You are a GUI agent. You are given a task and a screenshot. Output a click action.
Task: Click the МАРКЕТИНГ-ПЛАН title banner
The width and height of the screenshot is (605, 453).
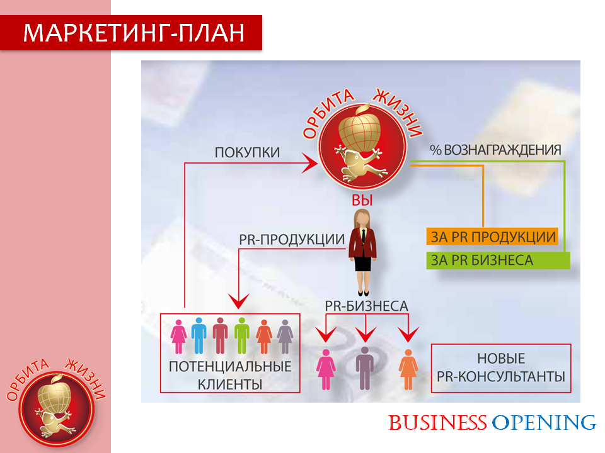131,33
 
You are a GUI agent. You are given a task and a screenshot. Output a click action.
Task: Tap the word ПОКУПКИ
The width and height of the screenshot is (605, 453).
247,152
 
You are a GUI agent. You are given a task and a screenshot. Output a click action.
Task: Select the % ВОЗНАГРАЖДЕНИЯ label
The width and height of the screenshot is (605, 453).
495,150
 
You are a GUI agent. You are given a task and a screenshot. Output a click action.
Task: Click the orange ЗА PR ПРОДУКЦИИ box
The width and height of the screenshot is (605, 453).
493,237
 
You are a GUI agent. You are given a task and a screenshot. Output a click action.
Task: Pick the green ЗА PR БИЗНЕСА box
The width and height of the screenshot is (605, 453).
498,260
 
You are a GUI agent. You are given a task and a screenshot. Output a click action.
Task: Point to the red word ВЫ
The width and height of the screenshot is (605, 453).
362,200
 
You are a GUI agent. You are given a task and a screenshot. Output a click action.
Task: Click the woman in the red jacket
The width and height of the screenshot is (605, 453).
362,252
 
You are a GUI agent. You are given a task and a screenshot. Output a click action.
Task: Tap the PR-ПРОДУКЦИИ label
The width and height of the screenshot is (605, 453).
292,239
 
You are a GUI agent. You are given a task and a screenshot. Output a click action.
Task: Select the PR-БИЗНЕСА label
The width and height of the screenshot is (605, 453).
366,306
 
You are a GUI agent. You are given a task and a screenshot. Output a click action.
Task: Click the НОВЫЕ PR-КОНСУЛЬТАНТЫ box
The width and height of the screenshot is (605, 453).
501,368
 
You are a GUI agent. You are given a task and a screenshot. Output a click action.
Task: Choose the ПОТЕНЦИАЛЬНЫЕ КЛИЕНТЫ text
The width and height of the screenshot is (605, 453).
230,375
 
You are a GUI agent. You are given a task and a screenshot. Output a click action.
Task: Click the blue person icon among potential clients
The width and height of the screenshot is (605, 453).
199,335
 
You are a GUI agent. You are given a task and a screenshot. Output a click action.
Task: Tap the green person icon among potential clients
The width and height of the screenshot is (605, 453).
242,335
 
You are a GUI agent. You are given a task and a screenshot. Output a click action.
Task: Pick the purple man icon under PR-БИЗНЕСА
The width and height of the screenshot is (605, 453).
365,368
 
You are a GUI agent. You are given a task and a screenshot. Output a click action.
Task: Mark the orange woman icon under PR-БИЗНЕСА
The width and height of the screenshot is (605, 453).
408,369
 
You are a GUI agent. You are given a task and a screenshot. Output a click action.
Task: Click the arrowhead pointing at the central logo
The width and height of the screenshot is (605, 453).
309,163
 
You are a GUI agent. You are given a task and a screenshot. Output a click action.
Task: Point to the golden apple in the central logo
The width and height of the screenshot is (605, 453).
360,130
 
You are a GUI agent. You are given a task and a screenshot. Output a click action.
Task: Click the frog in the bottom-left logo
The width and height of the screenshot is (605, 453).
54,423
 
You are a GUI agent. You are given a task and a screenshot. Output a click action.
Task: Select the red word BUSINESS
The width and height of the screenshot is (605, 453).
437,423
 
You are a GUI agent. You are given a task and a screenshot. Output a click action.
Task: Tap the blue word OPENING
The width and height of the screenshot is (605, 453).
544,423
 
